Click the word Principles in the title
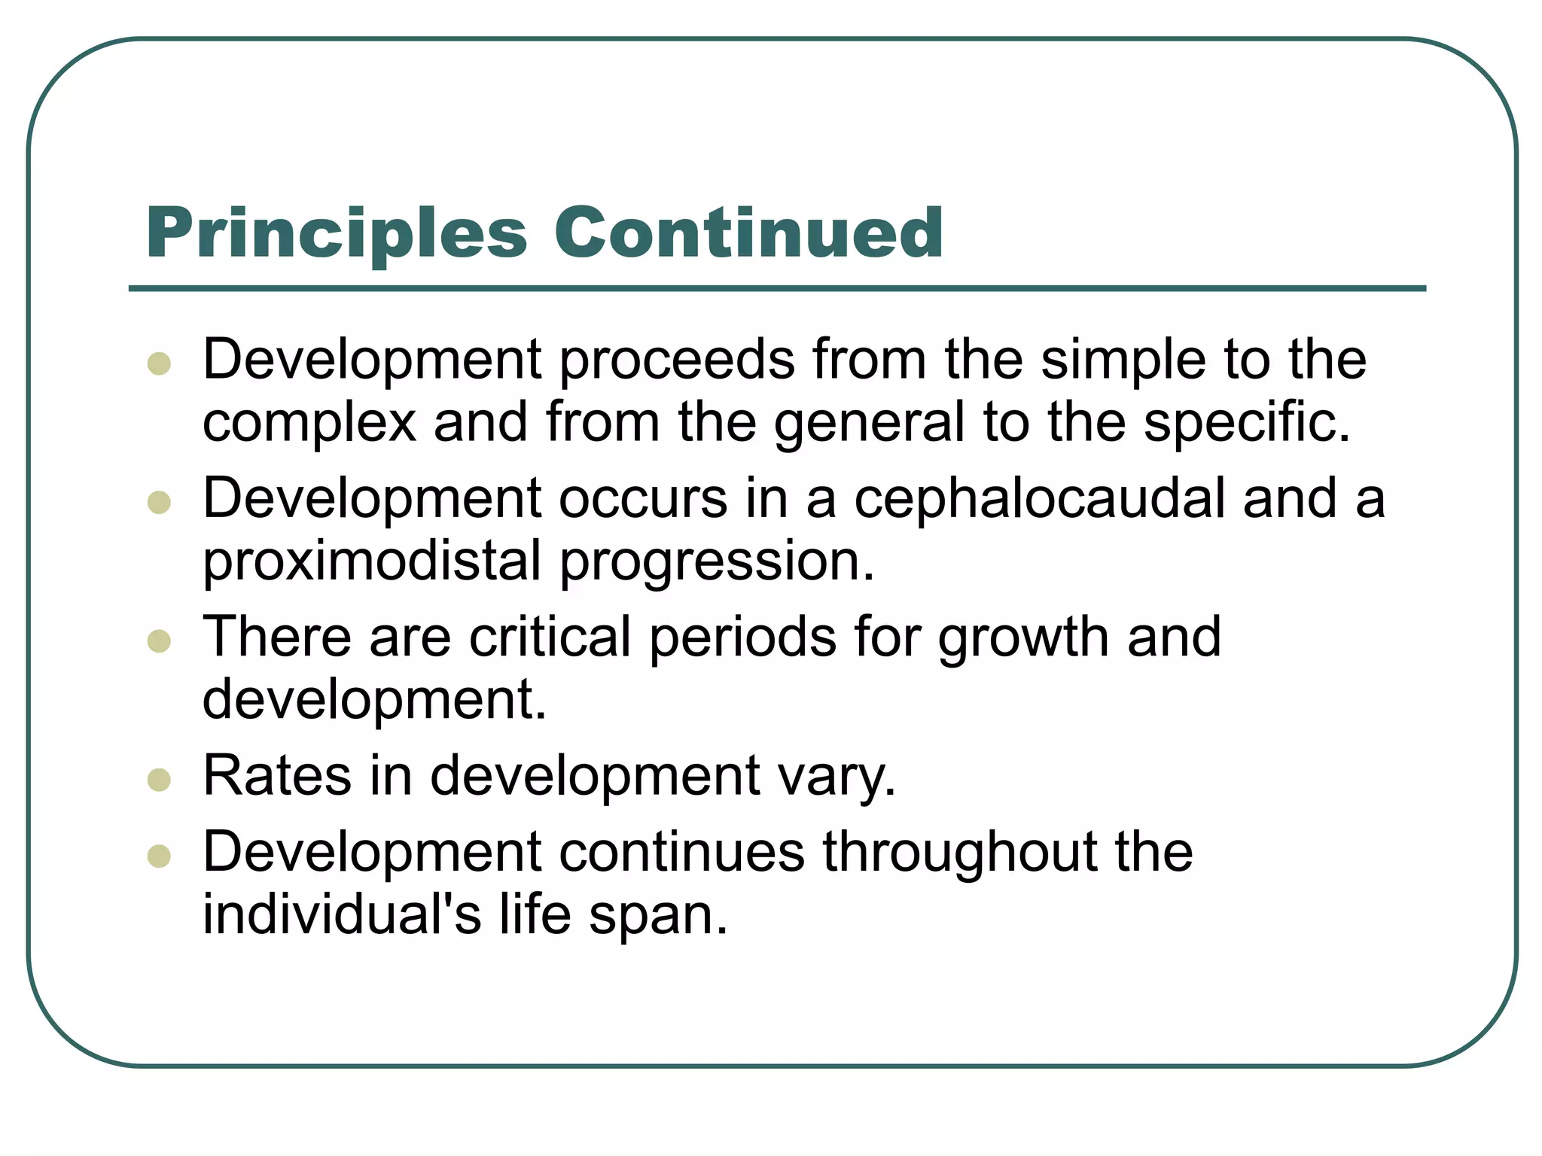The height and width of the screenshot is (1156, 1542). pyautogui.click(x=337, y=233)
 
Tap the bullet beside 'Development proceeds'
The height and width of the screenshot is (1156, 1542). pyautogui.click(x=159, y=364)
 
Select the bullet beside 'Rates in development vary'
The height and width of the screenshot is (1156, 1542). pyautogui.click(x=159, y=780)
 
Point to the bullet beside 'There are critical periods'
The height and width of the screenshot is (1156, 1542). pyautogui.click(x=159, y=641)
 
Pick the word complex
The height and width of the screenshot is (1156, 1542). pyautogui.click(x=309, y=423)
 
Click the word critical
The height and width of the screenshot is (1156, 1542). pyautogui.click(x=550, y=637)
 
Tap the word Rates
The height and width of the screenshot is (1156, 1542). pyautogui.click(x=277, y=776)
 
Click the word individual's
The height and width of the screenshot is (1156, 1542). pyautogui.click(x=342, y=914)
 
